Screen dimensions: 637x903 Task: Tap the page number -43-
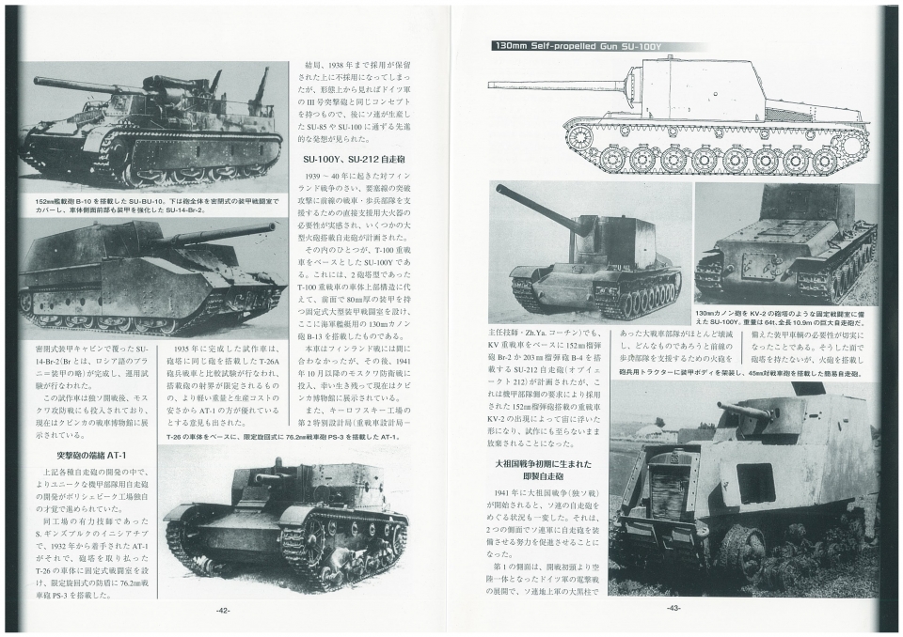coord(673,609)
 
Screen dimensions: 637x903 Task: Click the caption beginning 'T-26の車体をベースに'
coord(283,437)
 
